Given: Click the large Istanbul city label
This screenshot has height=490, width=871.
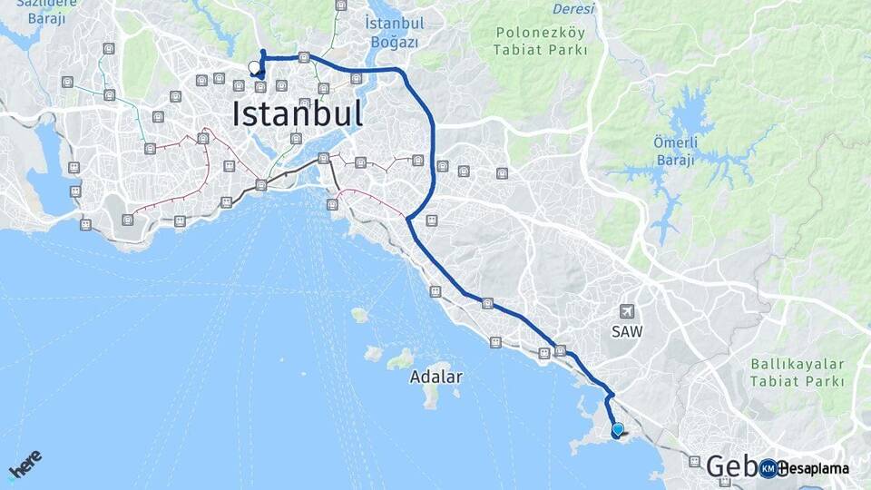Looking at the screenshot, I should coord(298,114).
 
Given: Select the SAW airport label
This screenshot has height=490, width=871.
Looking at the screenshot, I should coord(626,332).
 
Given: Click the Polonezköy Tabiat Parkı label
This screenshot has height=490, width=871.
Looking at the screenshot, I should coord(539,41).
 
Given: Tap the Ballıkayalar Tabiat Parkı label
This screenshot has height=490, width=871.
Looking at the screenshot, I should coord(797,373).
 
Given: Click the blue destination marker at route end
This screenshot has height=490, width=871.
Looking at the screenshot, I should coord(618,430).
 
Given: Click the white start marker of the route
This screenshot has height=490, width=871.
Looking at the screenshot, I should coord(254,66).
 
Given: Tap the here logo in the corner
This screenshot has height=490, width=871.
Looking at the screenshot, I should coord(24,465).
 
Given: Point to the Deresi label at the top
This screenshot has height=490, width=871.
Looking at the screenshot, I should coord(573,9).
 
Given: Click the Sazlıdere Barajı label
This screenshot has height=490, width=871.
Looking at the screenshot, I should coord(40,11).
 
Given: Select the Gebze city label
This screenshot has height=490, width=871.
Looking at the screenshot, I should coord(731,466).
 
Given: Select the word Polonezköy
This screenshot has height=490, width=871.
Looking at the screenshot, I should coord(539,33).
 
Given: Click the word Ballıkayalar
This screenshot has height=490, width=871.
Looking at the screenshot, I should coord(797,364).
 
